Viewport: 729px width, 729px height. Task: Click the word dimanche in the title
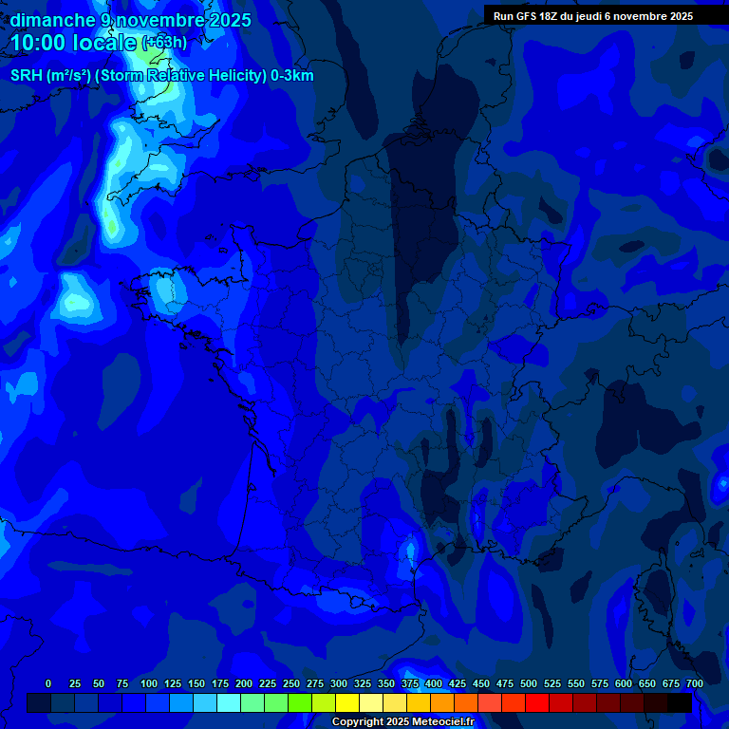(x=52, y=19)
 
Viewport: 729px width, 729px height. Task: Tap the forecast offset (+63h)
(x=164, y=43)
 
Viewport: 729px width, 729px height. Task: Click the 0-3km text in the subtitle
(x=292, y=76)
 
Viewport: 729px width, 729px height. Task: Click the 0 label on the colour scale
(x=48, y=683)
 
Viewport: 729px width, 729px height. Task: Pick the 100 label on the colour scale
(x=149, y=683)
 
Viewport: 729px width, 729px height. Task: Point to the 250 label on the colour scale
(x=291, y=683)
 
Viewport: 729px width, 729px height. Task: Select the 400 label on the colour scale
(x=434, y=683)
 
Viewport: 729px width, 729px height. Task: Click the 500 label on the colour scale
(x=529, y=683)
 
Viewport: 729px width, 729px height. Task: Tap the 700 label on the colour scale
(x=695, y=683)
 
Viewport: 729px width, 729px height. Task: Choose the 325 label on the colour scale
(x=363, y=683)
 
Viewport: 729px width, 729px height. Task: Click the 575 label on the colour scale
(x=600, y=683)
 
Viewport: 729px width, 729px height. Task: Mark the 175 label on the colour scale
(x=220, y=683)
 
